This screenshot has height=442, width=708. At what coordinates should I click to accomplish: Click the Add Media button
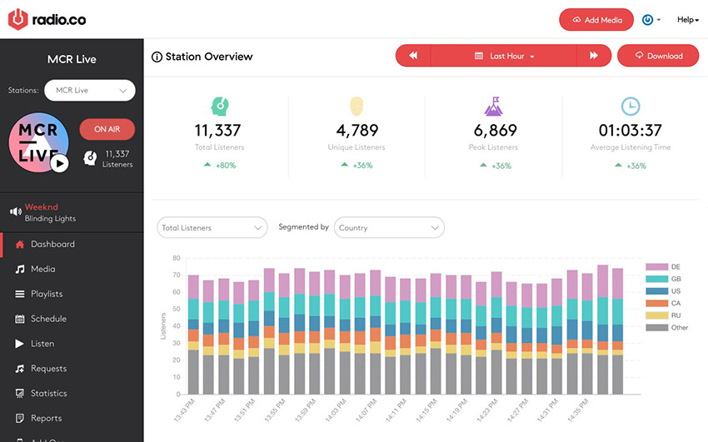point(596,20)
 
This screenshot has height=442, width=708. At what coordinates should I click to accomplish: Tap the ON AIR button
point(107,130)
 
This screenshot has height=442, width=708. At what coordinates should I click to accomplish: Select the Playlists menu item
point(47,294)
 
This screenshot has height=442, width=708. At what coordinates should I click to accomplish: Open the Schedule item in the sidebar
point(48,319)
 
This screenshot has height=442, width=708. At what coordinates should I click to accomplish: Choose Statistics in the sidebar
point(48,393)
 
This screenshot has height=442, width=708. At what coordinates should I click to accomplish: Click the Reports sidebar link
point(46,418)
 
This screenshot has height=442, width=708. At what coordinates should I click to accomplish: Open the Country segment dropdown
point(389,228)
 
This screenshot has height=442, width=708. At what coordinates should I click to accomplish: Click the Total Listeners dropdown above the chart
point(212,228)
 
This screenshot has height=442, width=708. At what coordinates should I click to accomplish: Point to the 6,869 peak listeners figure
point(495,131)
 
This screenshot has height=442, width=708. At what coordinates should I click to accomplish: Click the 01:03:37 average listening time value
point(631,131)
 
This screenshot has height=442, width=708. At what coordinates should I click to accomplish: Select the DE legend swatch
point(657,266)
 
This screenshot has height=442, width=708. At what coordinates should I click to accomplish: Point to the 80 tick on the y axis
point(176,258)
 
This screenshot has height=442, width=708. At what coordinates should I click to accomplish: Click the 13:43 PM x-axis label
point(184,410)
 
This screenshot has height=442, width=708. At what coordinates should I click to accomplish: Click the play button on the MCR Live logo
point(60,163)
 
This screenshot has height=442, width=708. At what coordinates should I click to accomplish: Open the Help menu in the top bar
point(688,20)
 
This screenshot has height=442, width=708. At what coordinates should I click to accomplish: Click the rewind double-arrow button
point(413,56)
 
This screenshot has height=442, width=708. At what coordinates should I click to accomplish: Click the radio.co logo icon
point(18,19)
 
